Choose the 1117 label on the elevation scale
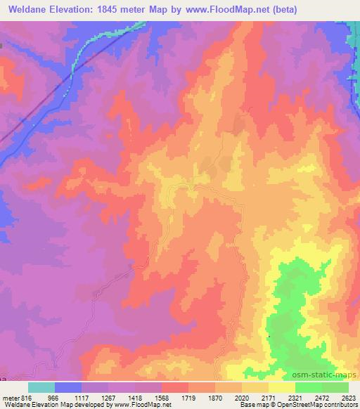[83, 397]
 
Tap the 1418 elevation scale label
[136, 397]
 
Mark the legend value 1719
[189, 397]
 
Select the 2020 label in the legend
[242, 397]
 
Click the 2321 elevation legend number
[295, 397]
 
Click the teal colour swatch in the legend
[41, 387]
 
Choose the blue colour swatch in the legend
[68, 387]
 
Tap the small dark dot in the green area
[269, 337]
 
